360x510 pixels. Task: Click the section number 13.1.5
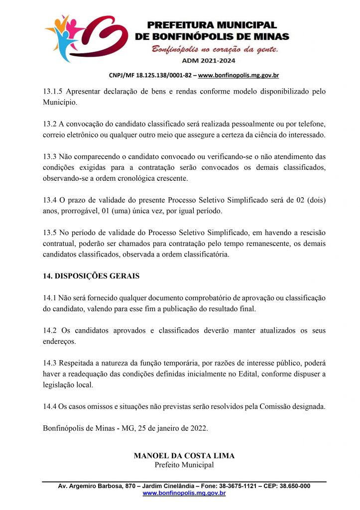[x=54, y=92]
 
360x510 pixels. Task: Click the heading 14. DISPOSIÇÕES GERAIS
[x=91, y=276]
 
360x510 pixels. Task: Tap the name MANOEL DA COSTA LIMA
[x=184, y=456]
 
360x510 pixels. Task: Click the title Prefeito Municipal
[x=184, y=465]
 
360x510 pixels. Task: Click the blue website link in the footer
[x=184, y=493]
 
